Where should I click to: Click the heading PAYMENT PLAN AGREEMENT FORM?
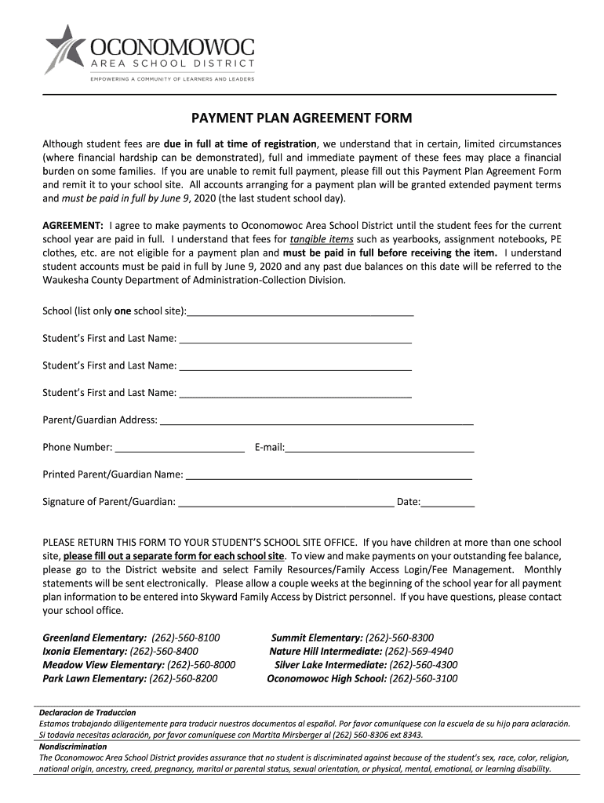pyautogui.click(x=302, y=118)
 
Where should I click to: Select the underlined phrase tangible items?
pyautogui.click(x=321, y=239)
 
